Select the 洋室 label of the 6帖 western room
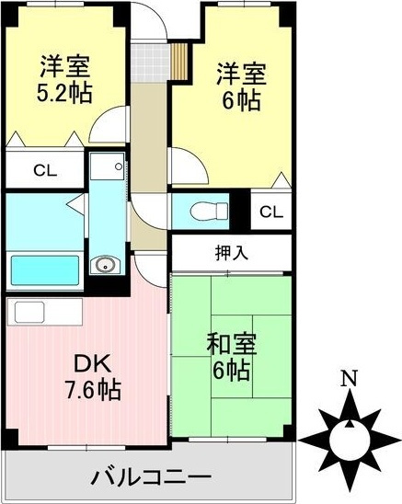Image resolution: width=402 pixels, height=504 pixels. click(x=242, y=73)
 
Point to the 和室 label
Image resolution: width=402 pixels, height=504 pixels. click(x=232, y=345)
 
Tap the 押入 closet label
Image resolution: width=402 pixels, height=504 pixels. click(x=231, y=250)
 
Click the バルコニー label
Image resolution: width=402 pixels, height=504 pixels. click(x=151, y=478)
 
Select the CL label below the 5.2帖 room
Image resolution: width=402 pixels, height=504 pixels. click(x=42, y=169)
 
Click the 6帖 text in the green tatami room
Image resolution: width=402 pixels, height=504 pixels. click(x=231, y=371)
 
